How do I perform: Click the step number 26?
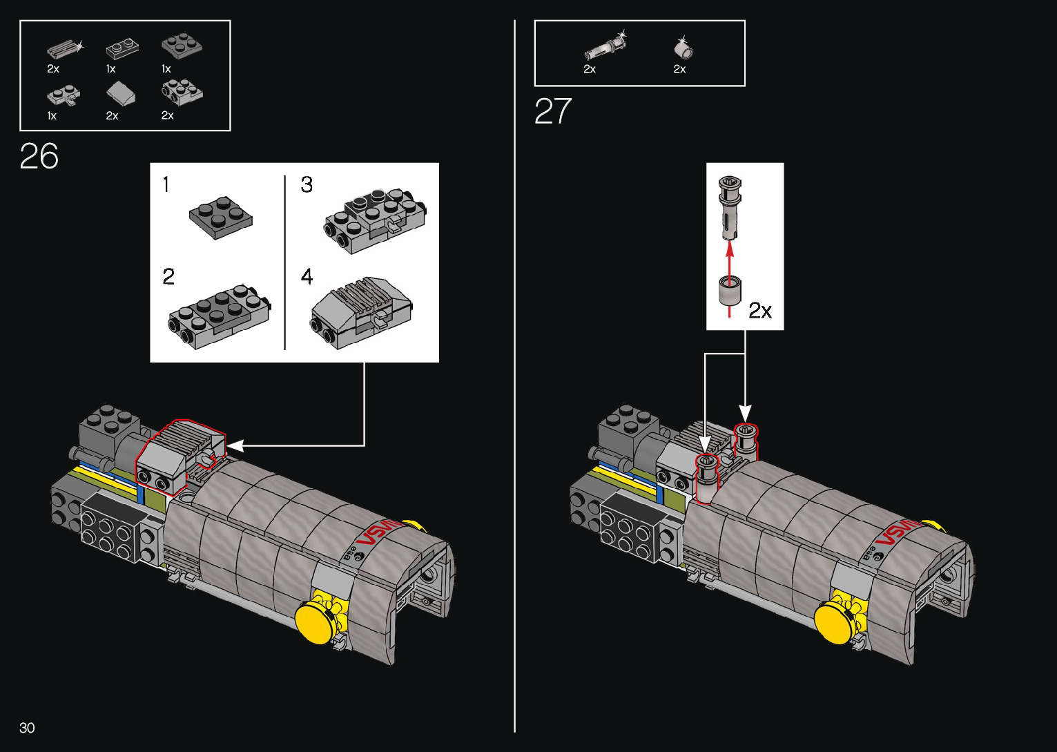pos(39,157)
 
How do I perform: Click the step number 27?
pos(553,111)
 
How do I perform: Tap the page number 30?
pos(27,728)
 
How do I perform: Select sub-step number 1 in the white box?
pos(166,184)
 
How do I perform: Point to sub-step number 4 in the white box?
pos(307,277)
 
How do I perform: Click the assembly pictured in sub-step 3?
pos(375,220)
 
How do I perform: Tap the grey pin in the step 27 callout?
pos(729,206)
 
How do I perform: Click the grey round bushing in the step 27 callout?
pos(729,291)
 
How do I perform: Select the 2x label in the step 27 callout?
pos(760,311)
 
